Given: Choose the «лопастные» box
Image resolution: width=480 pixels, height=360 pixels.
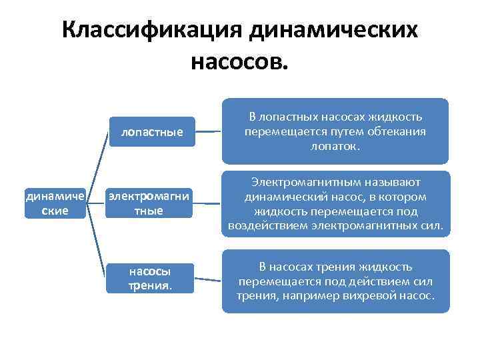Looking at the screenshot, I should click(152, 132).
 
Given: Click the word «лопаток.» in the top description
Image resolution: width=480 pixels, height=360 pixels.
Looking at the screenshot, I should click(335, 145).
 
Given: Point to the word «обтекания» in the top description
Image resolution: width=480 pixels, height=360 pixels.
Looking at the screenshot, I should click(393, 131).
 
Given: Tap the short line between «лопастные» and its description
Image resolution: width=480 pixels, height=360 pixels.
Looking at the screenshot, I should click(209, 131).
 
